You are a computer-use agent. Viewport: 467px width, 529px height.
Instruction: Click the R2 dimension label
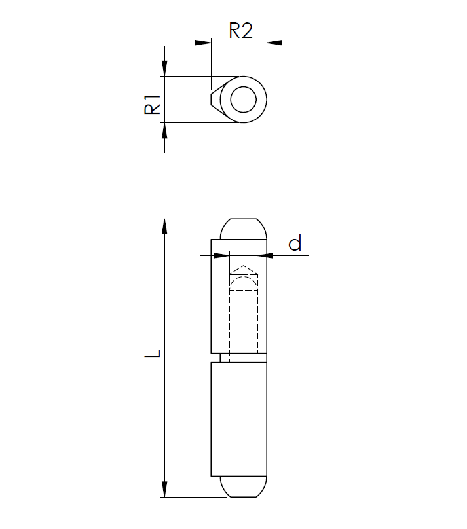240,30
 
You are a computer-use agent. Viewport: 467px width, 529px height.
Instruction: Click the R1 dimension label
152,104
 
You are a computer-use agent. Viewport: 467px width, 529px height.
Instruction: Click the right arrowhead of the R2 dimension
274,43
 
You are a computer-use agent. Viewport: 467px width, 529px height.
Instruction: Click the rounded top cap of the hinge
243,229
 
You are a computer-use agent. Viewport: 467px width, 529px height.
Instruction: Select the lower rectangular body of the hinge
238,419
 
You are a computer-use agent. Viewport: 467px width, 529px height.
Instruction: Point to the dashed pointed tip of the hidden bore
243,268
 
